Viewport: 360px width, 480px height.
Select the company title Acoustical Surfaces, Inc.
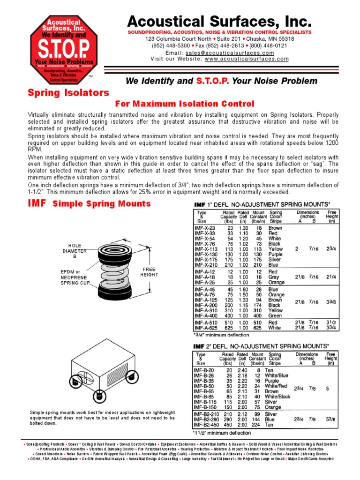pyautogui.click(x=219, y=22)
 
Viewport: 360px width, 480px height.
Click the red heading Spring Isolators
pyautogui.click(x=68, y=93)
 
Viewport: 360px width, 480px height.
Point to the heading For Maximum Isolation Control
pyautogui.click(x=185, y=104)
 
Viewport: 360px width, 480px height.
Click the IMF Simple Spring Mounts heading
pyautogui.click(x=90, y=203)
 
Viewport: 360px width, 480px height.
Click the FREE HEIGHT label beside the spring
pyautogui.click(x=150, y=272)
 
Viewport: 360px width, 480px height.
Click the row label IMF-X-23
pyautogui.click(x=204, y=228)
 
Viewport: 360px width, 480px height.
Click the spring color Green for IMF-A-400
pyautogui.click(x=275, y=315)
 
